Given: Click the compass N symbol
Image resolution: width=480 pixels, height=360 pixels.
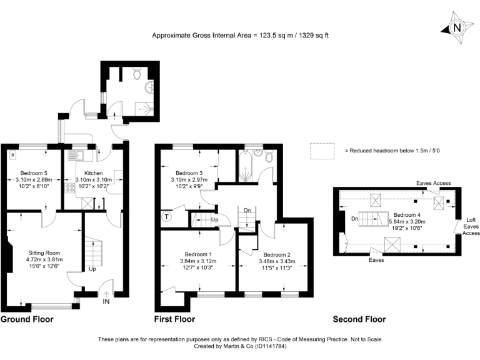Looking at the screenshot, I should pos(457,27).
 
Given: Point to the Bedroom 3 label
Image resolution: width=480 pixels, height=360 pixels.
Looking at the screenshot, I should pos(189,172).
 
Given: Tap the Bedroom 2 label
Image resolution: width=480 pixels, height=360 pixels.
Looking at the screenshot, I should pos(276,255).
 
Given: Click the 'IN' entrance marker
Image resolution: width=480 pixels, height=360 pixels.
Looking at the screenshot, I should pos(106,301).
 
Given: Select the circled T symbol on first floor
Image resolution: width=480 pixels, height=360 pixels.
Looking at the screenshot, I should pos(167,217).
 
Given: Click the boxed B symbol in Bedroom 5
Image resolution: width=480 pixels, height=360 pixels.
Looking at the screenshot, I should pos(12,153).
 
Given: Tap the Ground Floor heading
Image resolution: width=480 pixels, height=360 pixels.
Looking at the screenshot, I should pos(27,319).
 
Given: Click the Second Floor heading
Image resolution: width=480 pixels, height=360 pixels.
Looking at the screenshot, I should pos(359,319).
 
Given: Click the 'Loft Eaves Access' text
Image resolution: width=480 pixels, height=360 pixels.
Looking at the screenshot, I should pos(471,226).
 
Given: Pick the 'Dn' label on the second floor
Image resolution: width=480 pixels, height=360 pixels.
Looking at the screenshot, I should pos(354,218).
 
